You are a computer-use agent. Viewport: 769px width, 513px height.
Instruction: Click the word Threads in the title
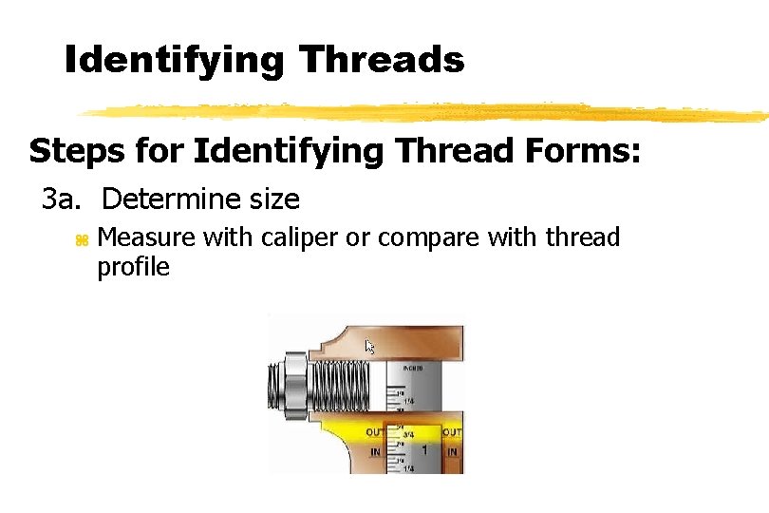coord(381,61)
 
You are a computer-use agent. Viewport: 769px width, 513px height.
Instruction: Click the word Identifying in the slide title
coord(174,61)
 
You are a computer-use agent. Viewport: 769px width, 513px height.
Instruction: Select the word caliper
coord(302,237)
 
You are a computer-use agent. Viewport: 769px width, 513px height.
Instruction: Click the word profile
coord(133,267)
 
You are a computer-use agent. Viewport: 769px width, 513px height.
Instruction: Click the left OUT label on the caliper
coord(375,433)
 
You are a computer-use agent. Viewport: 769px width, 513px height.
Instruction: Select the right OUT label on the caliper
coord(452,433)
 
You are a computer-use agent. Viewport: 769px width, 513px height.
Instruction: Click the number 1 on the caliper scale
coord(424,449)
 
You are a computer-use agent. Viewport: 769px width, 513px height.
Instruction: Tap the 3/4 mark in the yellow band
coord(408,434)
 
